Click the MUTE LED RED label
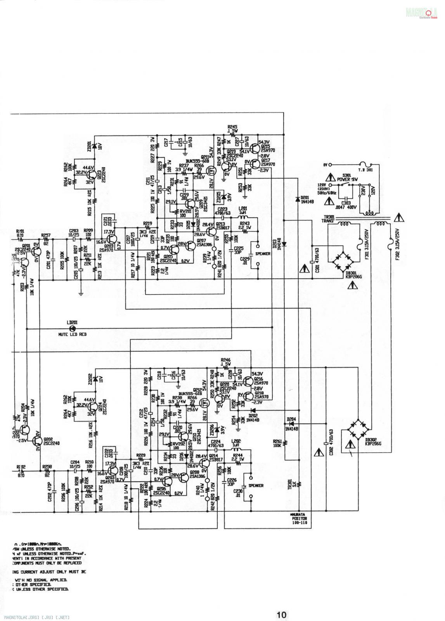[x=73, y=334]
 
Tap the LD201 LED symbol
[x=72, y=328]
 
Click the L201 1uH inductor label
[x=243, y=211]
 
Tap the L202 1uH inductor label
[x=236, y=443]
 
